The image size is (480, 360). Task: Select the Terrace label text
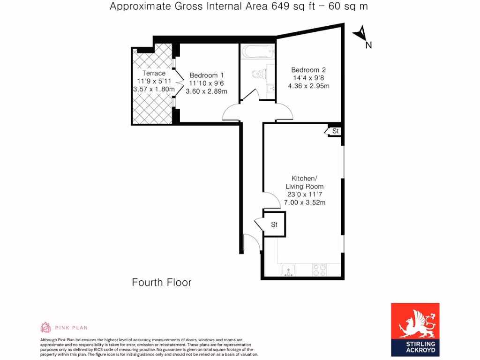tap(154, 73)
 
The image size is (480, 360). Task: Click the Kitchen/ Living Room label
tap(305, 182)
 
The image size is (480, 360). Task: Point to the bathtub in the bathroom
tap(257, 51)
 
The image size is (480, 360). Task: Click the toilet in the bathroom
tap(258, 74)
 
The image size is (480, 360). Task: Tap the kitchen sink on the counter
tap(288, 270)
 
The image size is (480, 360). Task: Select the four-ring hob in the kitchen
tap(320, 270)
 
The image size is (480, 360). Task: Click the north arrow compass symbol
tap(361, 37)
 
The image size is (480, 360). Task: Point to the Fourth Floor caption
tap(162, 282)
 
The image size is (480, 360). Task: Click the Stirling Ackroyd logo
tap(415, 328)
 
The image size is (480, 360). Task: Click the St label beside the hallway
tap(274, 225)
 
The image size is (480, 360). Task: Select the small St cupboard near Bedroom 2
tap(335, 131)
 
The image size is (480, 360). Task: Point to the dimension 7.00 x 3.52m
tap(305, 202)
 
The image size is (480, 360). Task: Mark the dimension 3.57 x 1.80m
tap(154, 90)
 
